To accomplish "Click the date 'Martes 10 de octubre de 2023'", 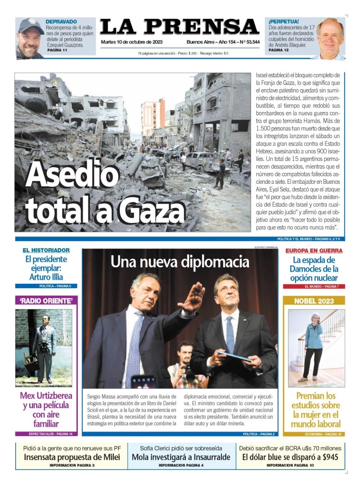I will (x=131, y=42).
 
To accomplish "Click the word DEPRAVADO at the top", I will (x=61, y=21).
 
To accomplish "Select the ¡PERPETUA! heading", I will (x=283, y=21).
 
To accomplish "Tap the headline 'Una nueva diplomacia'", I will (x=180, y=261).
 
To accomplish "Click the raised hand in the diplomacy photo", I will (x=192, y=298).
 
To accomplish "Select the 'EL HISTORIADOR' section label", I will (x=46, y=250).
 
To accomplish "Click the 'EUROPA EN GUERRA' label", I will (x=314, y=250).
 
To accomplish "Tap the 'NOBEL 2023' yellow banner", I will (x=314, y=300).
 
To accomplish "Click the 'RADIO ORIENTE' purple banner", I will (x=46, y=300).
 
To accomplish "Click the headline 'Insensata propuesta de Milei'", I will (x=72, y=457).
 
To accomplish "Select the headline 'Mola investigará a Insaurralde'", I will (x=181, y=457).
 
